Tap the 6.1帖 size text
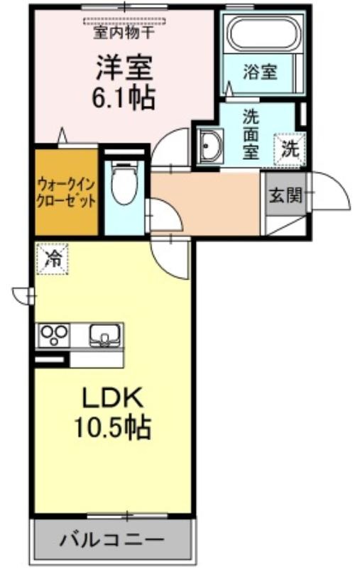click(x=124, y=98)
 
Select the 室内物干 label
click(x=124, y=33)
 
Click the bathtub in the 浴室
click(x=263, y=33)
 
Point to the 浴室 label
click(x=260, y=72)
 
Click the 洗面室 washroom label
click(x=251, y=134)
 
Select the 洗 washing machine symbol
click(x=290, y=149)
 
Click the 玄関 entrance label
click(x=285, y=196)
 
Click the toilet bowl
click(x=124, y=183)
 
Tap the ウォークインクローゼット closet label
click(x=67, y=192)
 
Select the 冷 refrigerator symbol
click(x=52, y=258)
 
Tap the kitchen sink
click(x=104, y=335)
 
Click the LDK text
click(x=113, y=399)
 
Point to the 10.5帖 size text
click(x=113, y=427)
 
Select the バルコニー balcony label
click(x=112, y=541)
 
